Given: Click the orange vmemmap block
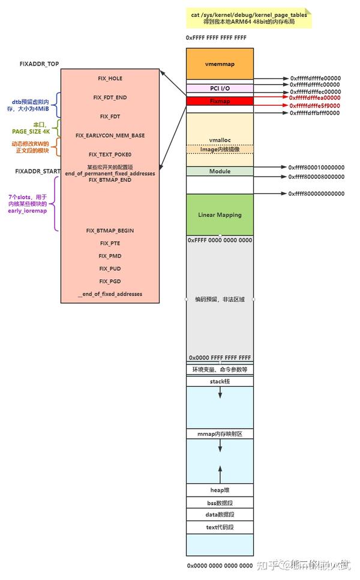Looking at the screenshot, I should [x=220, y=64].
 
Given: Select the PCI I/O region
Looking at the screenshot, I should [x=220, y=88].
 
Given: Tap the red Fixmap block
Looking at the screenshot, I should [x=220, y=101].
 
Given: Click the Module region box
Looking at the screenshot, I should [x=220, y=172].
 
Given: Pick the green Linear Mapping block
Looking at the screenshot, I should [x=220, y=214].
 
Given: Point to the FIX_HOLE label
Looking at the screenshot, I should [x=110, y=79].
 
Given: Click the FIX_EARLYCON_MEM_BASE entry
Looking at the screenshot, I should [x=110, y=136].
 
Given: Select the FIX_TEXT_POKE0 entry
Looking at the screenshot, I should [x=110, y=154].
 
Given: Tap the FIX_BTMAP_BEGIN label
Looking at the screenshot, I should [x=110, y=231].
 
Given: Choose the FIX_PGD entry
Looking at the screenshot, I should [x=110, y=281].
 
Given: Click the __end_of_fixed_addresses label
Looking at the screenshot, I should [x=110, y=294].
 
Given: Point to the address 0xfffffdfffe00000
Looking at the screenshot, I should [x=315, y=79].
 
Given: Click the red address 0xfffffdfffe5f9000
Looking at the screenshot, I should [x=315, y=105].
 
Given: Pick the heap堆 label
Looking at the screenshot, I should [x=220, y=491].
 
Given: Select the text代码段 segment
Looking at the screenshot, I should [x=220, y=527].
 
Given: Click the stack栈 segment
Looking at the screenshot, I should [x=220, y=381].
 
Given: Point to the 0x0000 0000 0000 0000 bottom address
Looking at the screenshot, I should [x=220, y=566].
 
